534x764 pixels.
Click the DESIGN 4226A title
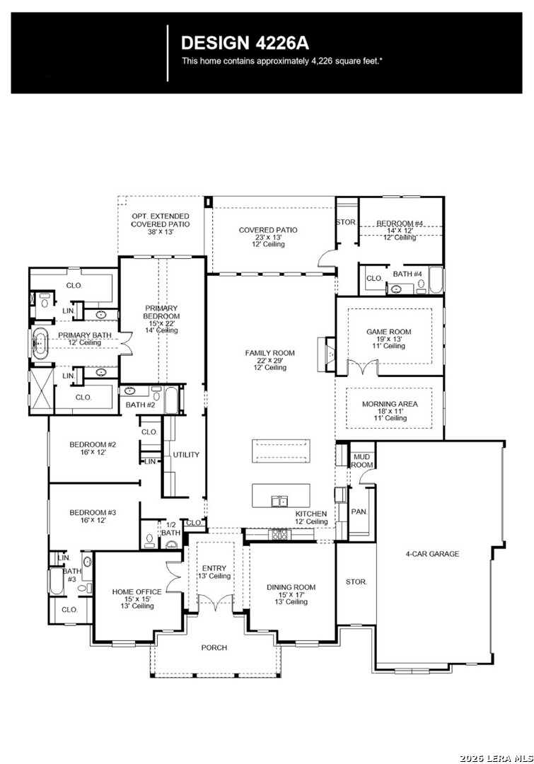245,43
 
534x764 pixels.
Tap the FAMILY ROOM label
269,353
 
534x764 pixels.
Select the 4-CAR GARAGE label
432,553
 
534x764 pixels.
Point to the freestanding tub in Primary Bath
40,343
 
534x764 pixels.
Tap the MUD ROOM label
361,461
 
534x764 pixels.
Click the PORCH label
214,647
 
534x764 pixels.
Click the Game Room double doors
362,366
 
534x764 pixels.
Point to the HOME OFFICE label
137,591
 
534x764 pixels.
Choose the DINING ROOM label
291,587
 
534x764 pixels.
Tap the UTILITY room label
186,455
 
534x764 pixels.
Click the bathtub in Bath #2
171,400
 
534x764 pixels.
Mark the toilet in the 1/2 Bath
149,539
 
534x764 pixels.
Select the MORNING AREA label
390,404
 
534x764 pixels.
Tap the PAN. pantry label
359,511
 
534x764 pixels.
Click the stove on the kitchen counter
279,534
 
